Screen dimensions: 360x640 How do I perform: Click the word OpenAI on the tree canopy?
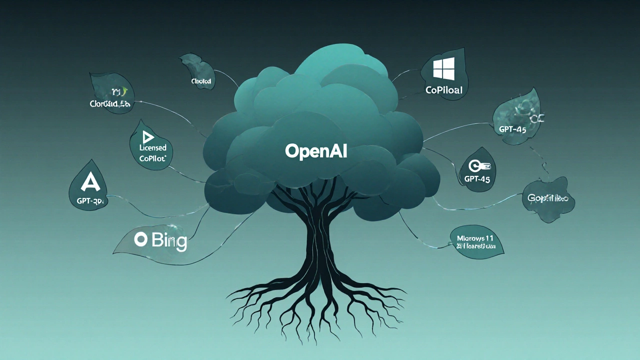click(316, 151)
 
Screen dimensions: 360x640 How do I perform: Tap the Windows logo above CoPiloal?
click(443, 68)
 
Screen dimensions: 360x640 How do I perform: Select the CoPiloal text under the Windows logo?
click(443, 90)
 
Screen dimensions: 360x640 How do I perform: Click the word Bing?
click(169, 241)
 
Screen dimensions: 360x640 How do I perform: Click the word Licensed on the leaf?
click(153, 148)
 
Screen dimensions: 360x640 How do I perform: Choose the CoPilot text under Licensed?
click(152, 158)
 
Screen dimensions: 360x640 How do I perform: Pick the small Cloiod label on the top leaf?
click(201, 81)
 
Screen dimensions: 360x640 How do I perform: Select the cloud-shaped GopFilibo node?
click(548, 198)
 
